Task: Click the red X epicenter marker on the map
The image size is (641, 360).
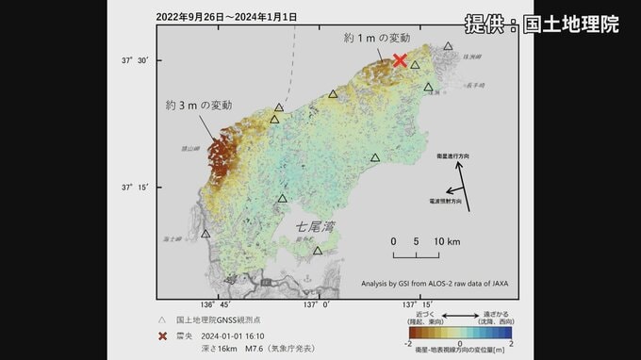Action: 400,60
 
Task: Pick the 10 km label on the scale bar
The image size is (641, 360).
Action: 447,241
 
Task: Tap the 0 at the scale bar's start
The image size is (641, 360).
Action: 394,241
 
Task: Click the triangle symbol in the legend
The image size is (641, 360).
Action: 163,319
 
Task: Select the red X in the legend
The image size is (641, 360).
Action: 163,334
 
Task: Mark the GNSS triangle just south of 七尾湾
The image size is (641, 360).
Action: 318,251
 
